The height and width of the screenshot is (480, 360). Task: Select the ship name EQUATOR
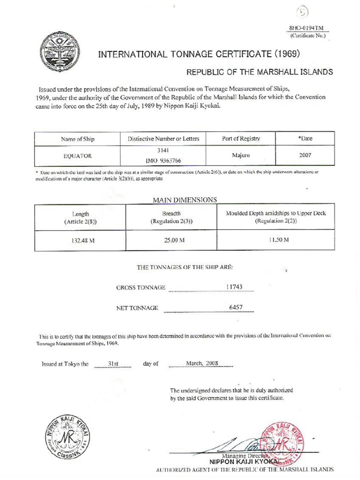pyautogui.click(x=77, y=155)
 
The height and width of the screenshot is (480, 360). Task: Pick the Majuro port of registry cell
pyautogui.click(x=241, y=155)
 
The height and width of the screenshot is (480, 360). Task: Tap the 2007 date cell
pyautogui.click(x=305, y=155)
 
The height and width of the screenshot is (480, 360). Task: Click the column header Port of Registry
pyautogui.click(x=241, y=139)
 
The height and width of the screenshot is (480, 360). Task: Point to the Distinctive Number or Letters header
pyautogui.click(x=164, y=139)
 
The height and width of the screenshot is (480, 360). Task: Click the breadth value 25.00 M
pyautogui.click(x=171, y=240)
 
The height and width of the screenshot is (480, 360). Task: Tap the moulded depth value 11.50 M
pyautogui.click(x=278, y=240)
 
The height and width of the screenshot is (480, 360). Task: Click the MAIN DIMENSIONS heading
pyautogui.click(x=185, y=200)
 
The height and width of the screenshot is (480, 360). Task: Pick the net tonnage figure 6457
pyautogui.click(x=235, y=307)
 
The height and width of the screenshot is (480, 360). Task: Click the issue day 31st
pyautogui.click(x=113, y=363)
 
